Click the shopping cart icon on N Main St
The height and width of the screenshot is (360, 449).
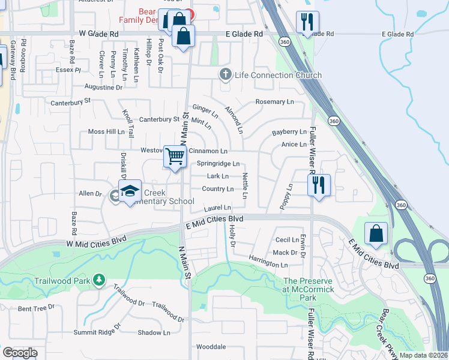175,157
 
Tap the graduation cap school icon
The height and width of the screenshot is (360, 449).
130,191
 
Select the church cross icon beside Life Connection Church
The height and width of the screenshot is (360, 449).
225,74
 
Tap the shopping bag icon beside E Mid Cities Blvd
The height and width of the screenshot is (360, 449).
376,234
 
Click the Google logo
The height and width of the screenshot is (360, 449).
20,353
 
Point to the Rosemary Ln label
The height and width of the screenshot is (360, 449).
274,102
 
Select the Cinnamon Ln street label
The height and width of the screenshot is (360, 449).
208,151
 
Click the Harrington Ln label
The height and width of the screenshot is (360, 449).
268,265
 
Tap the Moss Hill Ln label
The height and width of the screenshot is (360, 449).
106,131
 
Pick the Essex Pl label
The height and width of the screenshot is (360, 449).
69,70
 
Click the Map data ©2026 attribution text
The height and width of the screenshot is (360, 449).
423,355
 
